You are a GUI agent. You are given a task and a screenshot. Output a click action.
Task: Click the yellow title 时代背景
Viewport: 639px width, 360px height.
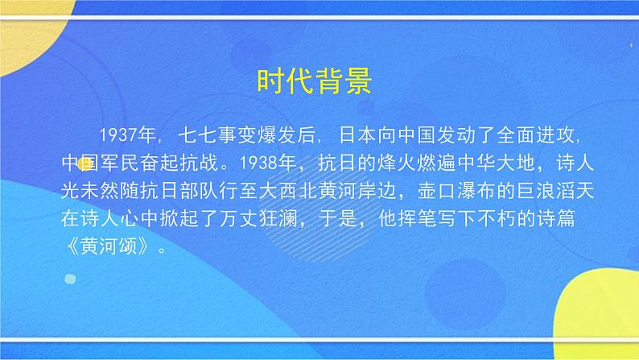(314, 81)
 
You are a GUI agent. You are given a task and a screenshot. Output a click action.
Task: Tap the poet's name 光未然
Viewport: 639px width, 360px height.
(91, 189)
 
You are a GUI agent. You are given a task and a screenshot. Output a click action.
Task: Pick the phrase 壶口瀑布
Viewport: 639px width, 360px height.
(463, 189)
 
